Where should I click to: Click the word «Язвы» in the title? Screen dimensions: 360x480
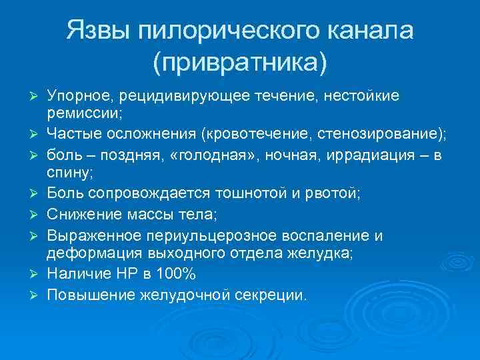tap(101, 31)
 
